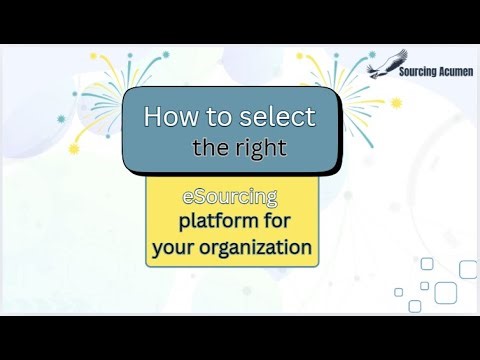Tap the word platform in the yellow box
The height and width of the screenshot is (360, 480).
coord(217,220)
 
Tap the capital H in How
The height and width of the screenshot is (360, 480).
coord(153,117)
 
